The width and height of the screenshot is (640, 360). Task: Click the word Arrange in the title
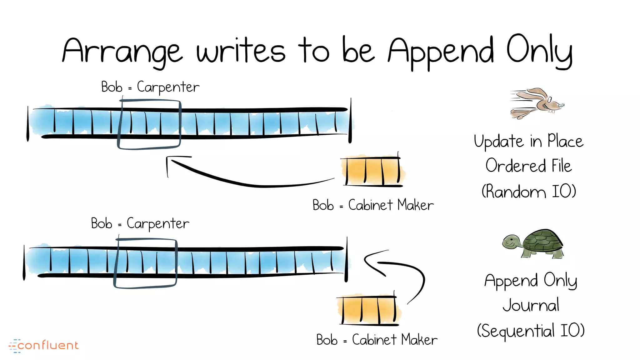tap(122, 52)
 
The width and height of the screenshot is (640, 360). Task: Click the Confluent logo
tap(44, 345)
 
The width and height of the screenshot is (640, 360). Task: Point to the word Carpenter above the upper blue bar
tap(168, 87)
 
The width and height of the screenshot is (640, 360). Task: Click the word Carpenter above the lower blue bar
tap(158, 224)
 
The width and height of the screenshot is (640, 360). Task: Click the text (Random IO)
tap(529, 191)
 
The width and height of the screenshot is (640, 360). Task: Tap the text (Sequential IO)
tap(531, 331)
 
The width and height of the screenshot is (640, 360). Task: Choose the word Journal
tap(531, 305)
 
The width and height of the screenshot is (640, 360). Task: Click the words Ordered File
tap(529, 166)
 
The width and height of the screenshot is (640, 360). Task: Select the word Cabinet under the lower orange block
tap(374, 340)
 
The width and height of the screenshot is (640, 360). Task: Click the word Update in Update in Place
tap(499, 141)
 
